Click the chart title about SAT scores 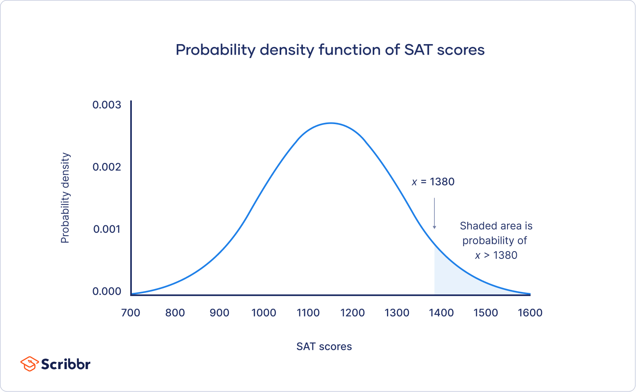[x=330, y=50]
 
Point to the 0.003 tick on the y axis [x=107, y=105]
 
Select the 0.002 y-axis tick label [x=107, y=167]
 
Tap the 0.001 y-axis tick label [x=107, y=229]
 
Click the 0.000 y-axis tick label [x=107, y=291]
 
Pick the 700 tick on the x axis [x=131, y=313]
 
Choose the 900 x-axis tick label [x=219, y=313]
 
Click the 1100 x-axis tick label [x=308, y=313]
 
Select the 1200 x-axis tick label [x=352, y=313]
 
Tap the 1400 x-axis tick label [x=441, y=313]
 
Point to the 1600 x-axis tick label [x=530, y=313]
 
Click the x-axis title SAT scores [x=324, y=346]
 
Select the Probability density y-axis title [x=65, y=198]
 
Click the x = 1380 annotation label [x=433, y=182]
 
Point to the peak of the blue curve [x=331, y=123]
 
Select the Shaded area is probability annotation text [x=496, y=241]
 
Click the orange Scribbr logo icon [x=29, y=363]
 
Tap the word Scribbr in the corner [x=65, y=364]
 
